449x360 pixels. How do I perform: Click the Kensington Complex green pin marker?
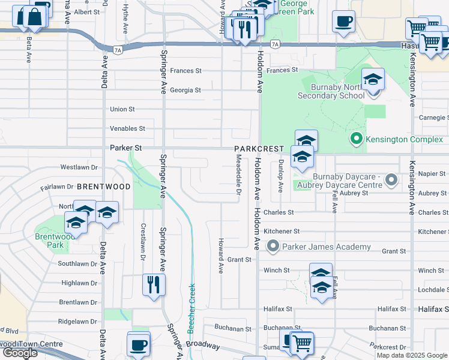tap(357, 139)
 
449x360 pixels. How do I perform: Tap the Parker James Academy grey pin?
tap(273, 247)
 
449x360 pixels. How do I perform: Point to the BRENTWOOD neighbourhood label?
tap(103, 187)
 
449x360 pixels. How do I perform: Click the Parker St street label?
tap(125, 147)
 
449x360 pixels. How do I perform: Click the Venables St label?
tap(127, 128)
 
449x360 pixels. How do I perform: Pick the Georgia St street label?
tap(185, 90)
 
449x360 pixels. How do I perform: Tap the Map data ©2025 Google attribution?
tap(412, 355)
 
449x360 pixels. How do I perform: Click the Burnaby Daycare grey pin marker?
tap(391, 180)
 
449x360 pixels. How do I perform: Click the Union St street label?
tap(122, 109)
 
